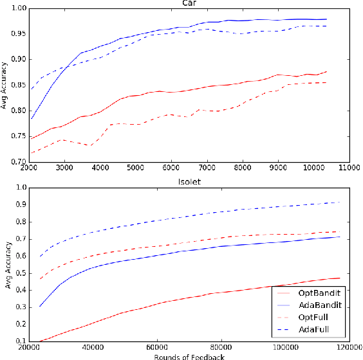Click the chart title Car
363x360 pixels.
pyautogui.click(x=190, y=3)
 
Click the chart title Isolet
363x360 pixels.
pyautogui.click(x=190, y=182)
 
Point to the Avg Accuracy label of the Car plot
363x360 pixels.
pyautogui.click(x=5, y=85)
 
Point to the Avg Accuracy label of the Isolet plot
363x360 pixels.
pyautogui.click(x=5, y=264)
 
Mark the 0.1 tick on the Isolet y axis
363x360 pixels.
pyautogui.click(x=20, y=341)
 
